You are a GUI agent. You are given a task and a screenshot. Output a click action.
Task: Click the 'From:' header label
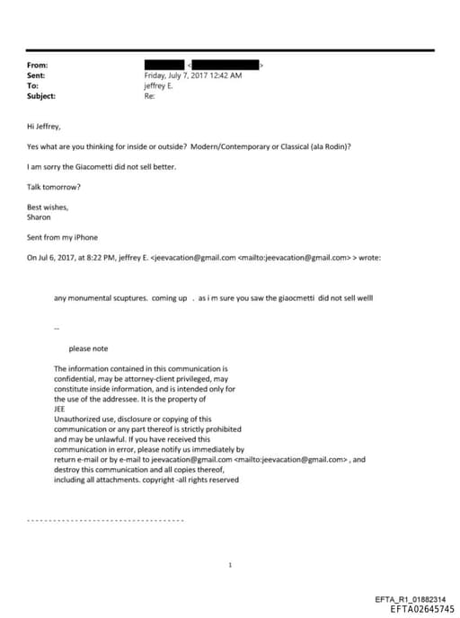38,66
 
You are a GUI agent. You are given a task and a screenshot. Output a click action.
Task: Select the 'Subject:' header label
41,96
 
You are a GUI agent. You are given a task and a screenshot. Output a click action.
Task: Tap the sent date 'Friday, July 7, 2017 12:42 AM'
192,75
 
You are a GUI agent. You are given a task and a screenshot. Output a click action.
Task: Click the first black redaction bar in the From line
164,66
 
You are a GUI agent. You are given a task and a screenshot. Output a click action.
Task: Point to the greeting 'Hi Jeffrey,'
45,128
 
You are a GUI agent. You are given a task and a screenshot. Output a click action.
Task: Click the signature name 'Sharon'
40,216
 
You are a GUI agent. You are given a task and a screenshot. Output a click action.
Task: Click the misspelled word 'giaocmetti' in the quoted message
289,297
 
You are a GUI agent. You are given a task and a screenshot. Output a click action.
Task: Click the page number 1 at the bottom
231,564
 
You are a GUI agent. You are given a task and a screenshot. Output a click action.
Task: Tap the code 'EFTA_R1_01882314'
409,599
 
